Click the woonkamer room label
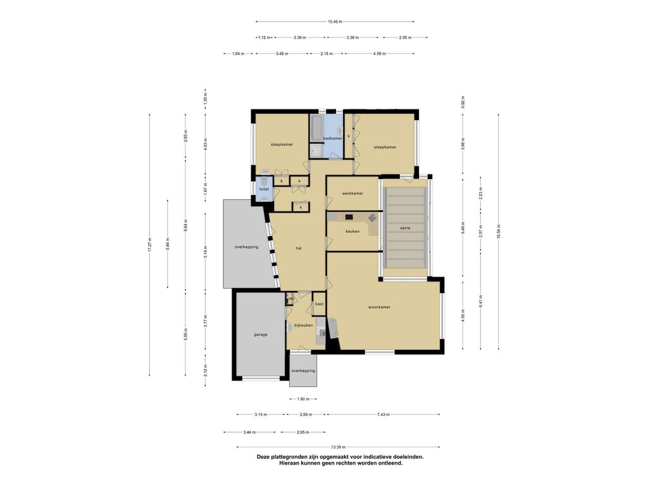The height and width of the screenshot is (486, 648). pyautogui.click(x=379, y=307)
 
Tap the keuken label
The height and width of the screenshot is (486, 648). pyautogui.click(x=352, y=232)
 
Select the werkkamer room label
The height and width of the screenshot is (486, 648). pyautogui.click(x=352, y=194)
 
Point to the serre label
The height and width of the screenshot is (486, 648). pyautogui.click(x=405, y=228)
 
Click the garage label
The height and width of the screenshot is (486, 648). pyautogui.click(x=260, y=335)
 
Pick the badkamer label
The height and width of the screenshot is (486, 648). pyautogui.click(x=333, y=139)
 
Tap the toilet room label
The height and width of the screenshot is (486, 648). pyautogui.click(x=264, y=189)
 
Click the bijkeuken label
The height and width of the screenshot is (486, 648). pyautogui.click(x=303, y=325)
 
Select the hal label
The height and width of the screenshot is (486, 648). pyautogui.click(x=299, y=248)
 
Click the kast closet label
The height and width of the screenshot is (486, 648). pyautogui.click(x=319, y=304)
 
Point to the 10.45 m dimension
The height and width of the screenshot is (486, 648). pyautogui.click(x=335, y=22)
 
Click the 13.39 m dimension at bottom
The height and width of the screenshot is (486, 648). pyautogui.click(x=338, y=447)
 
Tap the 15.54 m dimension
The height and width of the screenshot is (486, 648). pyautogui.click(x=499, y=232)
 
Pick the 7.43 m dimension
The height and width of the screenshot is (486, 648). pyautogui.click(x=383, y=414)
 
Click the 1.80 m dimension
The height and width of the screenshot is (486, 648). pyautogui.click(x=303, y=399)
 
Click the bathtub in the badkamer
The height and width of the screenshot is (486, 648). pyautogui.click(x=316, y=128)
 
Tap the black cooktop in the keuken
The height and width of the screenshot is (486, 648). pyautogui.click(x=349, y=216)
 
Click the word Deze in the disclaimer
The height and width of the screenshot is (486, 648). pyautogui.click(x=264, y=457)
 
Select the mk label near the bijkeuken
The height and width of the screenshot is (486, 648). pyautogui.click(x=291, y=299)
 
